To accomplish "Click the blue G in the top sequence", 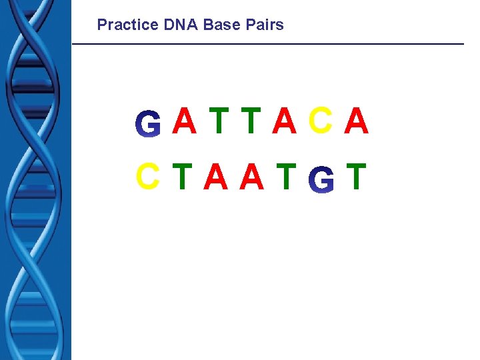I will point(148,125).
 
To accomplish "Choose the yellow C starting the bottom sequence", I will point(147,176).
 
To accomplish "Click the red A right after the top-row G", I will point(185,121).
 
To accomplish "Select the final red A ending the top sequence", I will point(357,121).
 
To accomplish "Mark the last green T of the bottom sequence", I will point(357,176).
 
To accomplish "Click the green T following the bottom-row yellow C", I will point(181,176).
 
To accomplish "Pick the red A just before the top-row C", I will point(285,121).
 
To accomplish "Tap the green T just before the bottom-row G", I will point(285,176).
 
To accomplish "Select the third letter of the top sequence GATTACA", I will point(218,121).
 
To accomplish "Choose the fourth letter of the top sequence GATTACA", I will point(251,121).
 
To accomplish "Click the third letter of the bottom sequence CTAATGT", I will point(215,176).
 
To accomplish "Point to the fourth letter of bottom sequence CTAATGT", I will point(251,176).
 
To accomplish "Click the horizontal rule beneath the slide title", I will point(267,44).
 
